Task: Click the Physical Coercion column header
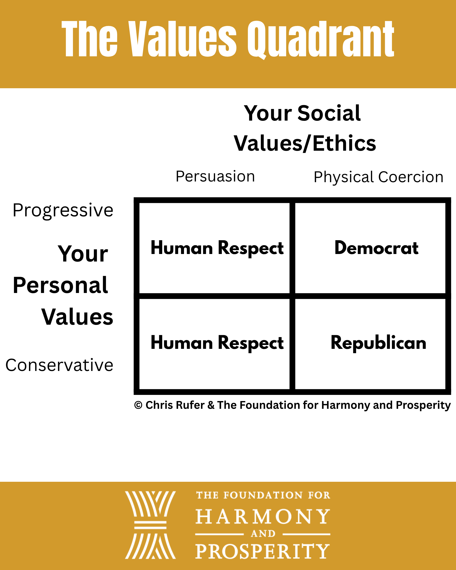click(x=378, y=177)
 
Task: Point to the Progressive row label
click(x=63, y=211)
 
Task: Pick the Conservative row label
click(x=60, y=365)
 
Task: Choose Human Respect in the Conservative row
click(x=217, y=343)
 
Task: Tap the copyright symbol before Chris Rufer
click(x=138, y=405)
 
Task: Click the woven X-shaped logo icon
click(x=150, y=525)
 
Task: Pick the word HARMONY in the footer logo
click(x=263, y=517)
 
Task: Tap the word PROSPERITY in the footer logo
click(x=262, y=551)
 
